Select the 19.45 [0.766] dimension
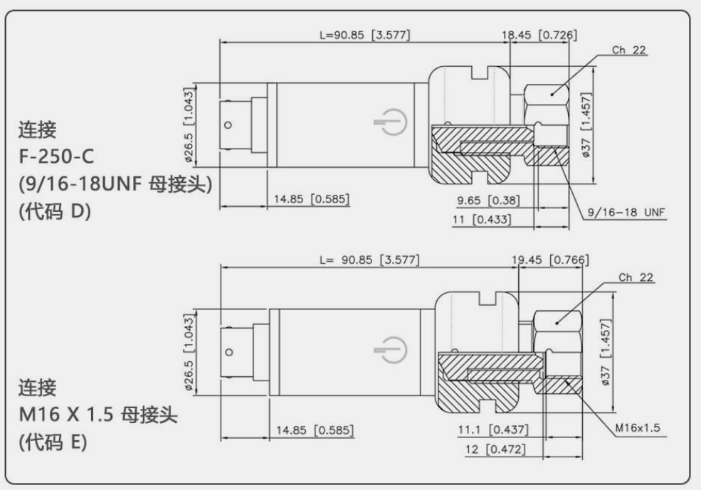pos(550,260)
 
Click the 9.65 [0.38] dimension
pos(487,201)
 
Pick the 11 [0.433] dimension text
pos(482,220)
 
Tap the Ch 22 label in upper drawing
pos(629,50)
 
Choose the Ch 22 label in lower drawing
pos(636,278)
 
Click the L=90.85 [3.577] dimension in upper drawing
pos(364,34)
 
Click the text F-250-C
pos(56,154)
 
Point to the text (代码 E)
pos(52,442)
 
